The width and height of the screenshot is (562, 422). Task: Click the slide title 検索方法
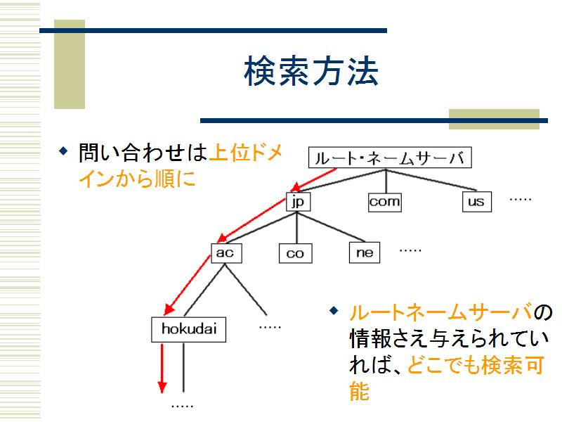pos(311,71)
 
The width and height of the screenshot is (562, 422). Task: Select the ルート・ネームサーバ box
pos(390,158)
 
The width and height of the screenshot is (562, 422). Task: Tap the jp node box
pos(298,202)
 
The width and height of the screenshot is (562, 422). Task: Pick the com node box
pos(385,202)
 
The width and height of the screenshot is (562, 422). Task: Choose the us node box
pos(477,202)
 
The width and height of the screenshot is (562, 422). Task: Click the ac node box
pos(226,253)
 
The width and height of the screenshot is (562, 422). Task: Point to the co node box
pos(295,253)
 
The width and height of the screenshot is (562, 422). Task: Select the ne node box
pos(365,252)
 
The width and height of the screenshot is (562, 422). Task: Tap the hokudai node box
pos(188,329)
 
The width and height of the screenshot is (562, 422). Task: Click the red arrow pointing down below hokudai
pos(162,368)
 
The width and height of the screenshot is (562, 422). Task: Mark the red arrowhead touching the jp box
pos(295,187)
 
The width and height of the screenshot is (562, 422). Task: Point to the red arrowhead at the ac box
pos(222,237)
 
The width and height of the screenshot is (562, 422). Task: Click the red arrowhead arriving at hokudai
pos(169,309)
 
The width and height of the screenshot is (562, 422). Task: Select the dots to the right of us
pos(521,200)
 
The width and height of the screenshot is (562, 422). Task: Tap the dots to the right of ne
pos(410,250)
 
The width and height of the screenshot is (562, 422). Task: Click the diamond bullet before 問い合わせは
pos(63,151)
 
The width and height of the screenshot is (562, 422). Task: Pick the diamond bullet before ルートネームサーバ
pos(334,311)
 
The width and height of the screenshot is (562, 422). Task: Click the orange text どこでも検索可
pos(476,365)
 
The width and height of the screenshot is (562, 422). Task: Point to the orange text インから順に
pos(137,179)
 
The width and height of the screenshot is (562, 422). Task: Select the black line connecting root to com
pos(386,181)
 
